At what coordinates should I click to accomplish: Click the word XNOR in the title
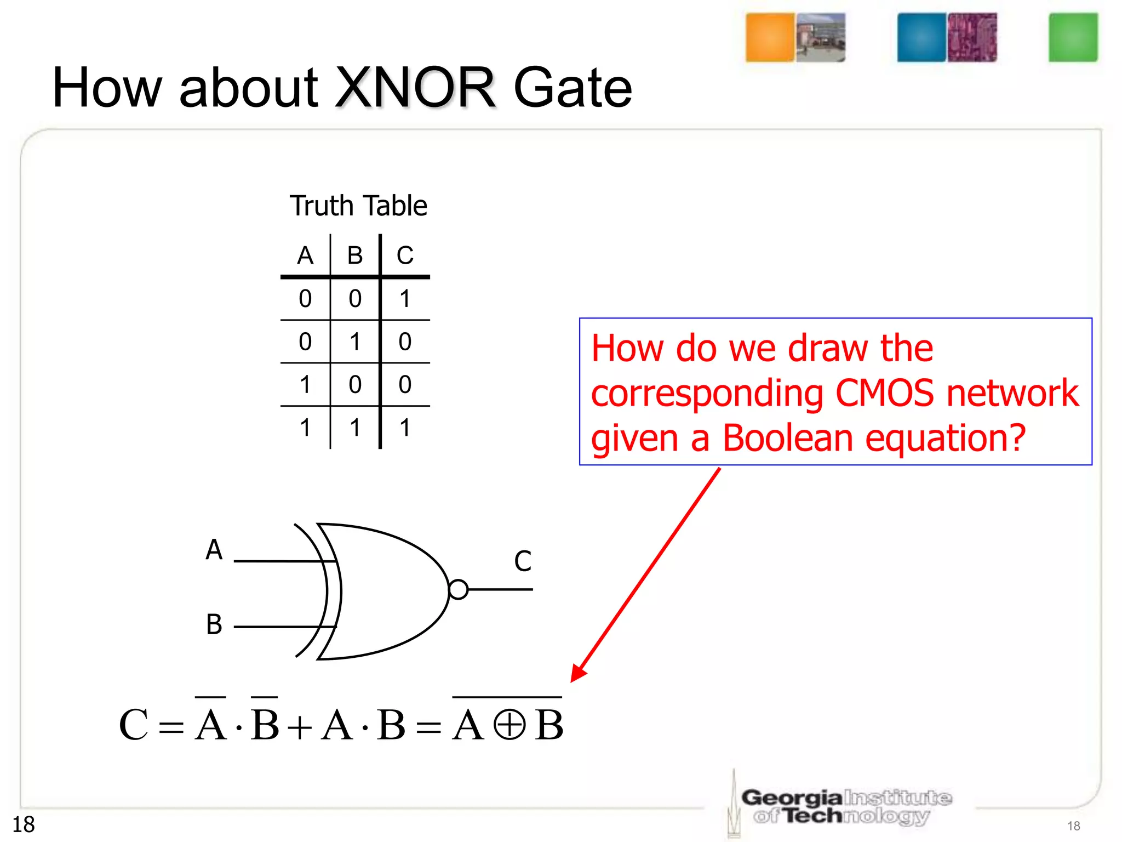[x=415, y=88]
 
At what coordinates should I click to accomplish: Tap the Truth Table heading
[x=358, y=206]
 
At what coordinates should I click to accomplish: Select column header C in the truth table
[x=405, y=255]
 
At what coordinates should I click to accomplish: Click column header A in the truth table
[x=305, y=255]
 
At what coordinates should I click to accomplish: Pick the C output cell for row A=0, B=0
[x=405, y=299]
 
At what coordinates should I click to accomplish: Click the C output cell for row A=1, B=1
[x=405, y=428]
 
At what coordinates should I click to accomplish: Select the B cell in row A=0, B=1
[x=355, y=342]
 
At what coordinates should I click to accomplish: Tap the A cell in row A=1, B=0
[x=305, y=384]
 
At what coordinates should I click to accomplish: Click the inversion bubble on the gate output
[x=458, y=590]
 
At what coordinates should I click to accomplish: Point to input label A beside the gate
[x=214, y=550]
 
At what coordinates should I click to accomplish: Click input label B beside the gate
[x=214, y=624]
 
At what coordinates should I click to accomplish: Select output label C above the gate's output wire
[x=523, y=561]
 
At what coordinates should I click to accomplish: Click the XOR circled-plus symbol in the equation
[x=509, y=725]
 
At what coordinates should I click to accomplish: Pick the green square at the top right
[x=1073, y=37]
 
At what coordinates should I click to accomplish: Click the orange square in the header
[x=770, y=37]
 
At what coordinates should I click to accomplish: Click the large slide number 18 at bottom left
[x=24, y=824]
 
